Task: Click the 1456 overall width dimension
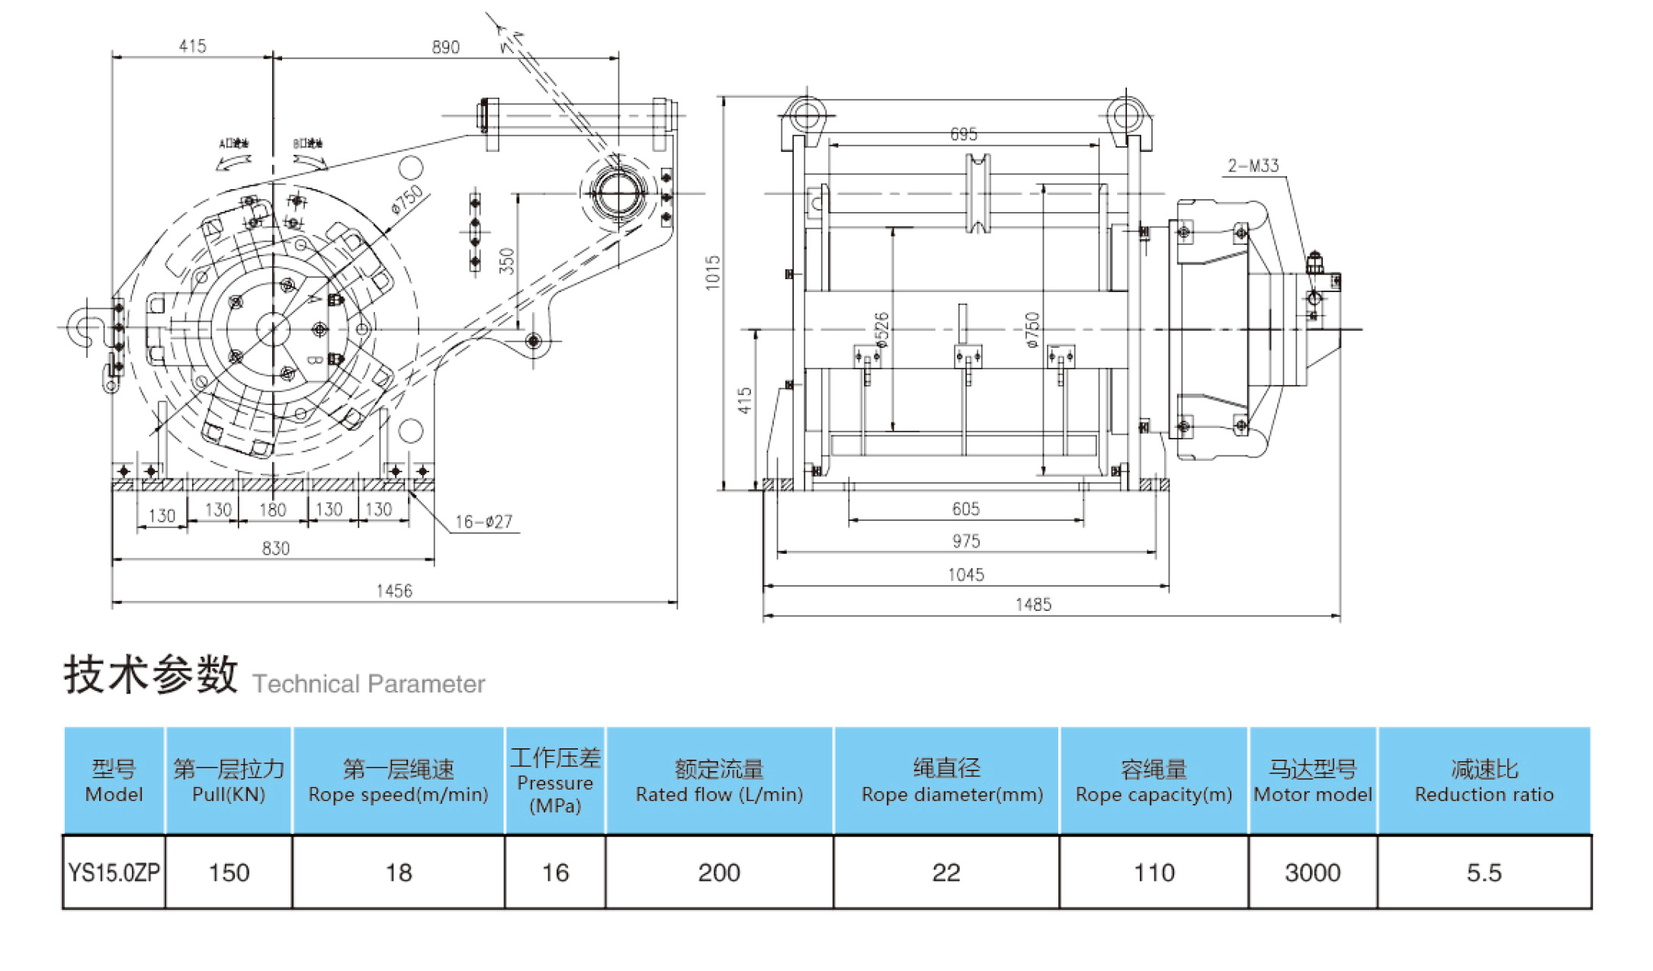pos(393,590)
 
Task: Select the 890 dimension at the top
pos(445,47)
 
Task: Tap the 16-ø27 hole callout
pos(483,522)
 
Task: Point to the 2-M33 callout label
pos(1253,166)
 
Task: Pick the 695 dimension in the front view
pos(963,134)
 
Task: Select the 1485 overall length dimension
pos(1033,605)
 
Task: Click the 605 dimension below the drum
pos(965,509)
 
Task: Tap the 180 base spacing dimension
pos(272,510)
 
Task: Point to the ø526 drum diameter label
pos(881,330)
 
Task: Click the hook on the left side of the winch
pos(84,327)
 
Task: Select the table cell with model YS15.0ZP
pos(114,873)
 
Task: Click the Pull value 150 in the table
pos(229,873)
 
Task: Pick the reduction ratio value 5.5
pos(1484,873)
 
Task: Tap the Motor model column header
pos(1312,781)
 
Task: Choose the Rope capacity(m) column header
pos(1154,781)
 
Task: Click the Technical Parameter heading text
pos(368,683)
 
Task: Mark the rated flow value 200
pos(719,873)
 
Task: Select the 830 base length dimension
pos(275,548)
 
